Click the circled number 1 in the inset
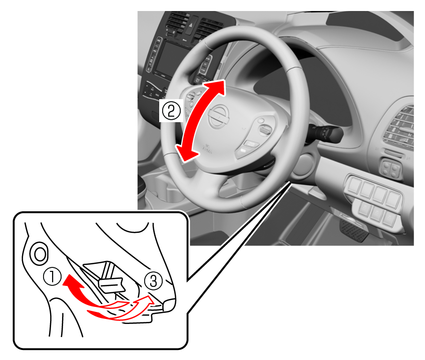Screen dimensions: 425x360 (53, 278)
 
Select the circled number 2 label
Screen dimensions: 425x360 (171, 111)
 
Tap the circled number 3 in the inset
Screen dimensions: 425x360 (154, 281)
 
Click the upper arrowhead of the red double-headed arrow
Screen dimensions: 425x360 (217, 87)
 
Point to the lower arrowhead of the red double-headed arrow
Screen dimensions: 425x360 (186, 153)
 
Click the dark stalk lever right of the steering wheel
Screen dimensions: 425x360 (326, 133)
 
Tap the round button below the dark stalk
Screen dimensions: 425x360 (303, 165)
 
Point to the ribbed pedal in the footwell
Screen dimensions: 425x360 (354, 231)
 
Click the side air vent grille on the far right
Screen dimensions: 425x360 (400, 128)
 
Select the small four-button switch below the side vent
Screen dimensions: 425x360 (391, 168)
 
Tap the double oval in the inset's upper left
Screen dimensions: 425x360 (40, 254)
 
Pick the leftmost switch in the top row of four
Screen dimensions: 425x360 (354, 185)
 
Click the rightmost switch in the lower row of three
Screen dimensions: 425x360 (389, 217)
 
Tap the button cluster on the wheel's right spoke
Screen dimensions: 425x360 (257, 137)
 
